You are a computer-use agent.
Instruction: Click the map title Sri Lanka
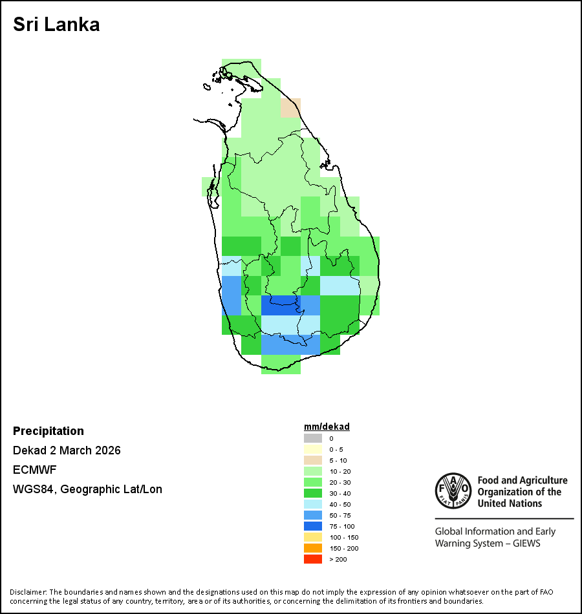click(x=56, y=25)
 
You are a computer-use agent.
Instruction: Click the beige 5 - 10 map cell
click(x=290, y=108)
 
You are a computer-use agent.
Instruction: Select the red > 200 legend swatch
click(x=313, y=559)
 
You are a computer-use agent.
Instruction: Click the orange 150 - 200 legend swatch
click(x=313, y=548)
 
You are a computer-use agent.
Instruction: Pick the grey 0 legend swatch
click(x=313, y=438)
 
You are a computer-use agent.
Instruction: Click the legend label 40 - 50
click(x=341, y=504)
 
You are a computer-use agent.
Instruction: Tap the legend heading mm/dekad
click(x=327, y=427)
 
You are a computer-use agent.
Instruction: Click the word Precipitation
click(x=48, y=431)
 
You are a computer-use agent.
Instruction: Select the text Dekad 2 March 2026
click(x=67, y=450)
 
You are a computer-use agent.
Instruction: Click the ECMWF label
click(x=34, y=470)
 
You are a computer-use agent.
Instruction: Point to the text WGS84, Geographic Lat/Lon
click(x=87, y=489)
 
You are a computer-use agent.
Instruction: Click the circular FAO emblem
click(x=452, y=491)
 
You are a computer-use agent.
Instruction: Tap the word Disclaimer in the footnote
click(x=28, y=592)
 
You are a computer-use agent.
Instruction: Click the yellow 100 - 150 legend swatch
click(x=313, y=537)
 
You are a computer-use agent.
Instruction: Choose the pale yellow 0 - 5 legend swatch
click(x=313, y=449)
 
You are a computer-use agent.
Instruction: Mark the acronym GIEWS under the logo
click(x=524, y=544)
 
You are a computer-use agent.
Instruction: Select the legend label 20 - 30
click(x=341, y=482)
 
